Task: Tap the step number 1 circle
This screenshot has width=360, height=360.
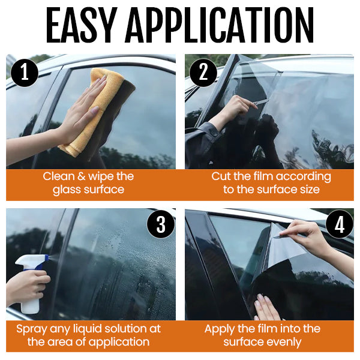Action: click(25, 73)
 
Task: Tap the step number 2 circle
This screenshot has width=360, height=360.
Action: click(203, 73)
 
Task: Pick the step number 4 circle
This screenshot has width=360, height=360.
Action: click(340, 226)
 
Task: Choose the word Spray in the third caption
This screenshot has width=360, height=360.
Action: click(32, 329)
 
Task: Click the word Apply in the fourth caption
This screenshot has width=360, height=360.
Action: click(220, 329)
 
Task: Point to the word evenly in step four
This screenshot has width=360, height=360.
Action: click(283, 342)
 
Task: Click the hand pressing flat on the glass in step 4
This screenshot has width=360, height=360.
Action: click(266, 307)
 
